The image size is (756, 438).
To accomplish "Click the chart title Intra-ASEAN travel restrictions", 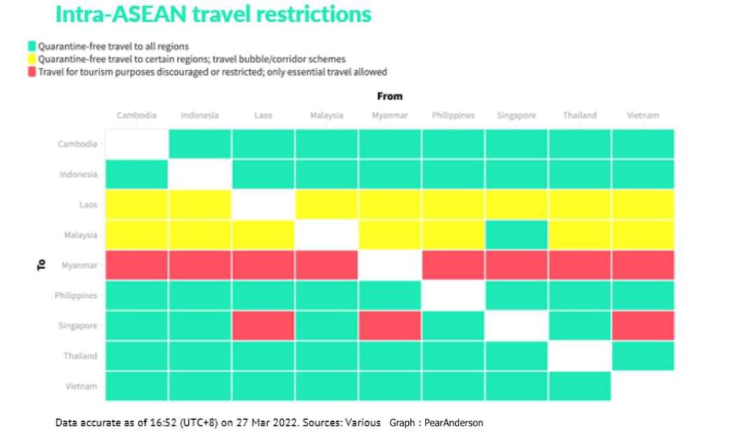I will pyautogui.click(x=213, y=14).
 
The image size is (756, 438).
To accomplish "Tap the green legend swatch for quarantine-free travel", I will pyautogui.click(x=31, y=47).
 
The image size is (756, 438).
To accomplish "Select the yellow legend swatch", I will pyautogui.click(x=31, y=60).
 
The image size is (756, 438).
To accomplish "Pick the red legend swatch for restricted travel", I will pyautogui.click(x=31, y=71).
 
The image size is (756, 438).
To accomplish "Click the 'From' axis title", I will pyautogui.click(x=390, y=96).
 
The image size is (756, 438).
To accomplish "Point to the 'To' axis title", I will pyautogui.click(x=41, y=265).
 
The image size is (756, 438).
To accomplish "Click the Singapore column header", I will pyautogui.click(x=517, y=116).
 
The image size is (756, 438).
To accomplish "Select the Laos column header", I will pyautogui.click(x=263, y=116).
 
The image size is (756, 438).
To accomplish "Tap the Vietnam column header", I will pyautogui.click(x=643, y=116).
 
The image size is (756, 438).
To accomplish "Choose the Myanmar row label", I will pyautogui.click(x=80, y=266).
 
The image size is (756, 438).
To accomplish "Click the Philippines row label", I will pyautogui.click(x=76, y=296).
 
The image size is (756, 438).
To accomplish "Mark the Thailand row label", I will pyautogui.click(x=80, y=356).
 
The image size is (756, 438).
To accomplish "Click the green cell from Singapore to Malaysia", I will pyautogui.click(x=517, y=235).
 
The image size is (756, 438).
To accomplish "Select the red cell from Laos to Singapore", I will pyautogui.click(x=263, y=326).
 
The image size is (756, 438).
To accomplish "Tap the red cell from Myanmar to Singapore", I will pyautogui.click(x=390, y=326).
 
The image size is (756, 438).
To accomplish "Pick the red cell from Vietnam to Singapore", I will pyautogui.click(x=643, y=326).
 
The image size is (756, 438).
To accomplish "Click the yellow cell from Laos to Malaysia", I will pyautogui.click(x=263, y=235).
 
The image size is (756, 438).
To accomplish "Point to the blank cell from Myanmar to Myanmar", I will pyautogui.click(x=390, y=266).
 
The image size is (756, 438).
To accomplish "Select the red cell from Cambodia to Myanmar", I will pyautogui.click(x=136, y=266).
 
